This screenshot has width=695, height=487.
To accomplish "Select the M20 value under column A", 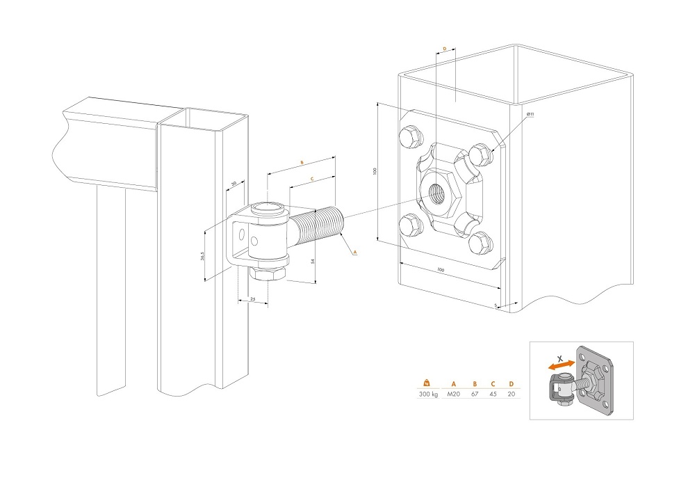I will coord(453,394).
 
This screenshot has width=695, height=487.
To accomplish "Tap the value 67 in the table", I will coord(475,394).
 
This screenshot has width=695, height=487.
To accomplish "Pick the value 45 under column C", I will coord(493,394).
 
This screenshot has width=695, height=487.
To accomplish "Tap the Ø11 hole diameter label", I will coord(530,114).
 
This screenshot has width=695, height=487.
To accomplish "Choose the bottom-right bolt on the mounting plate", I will coord(480,243).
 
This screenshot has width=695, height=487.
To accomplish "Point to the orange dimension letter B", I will coord(302,162).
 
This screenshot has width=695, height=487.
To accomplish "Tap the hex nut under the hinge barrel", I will coord(268,273).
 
